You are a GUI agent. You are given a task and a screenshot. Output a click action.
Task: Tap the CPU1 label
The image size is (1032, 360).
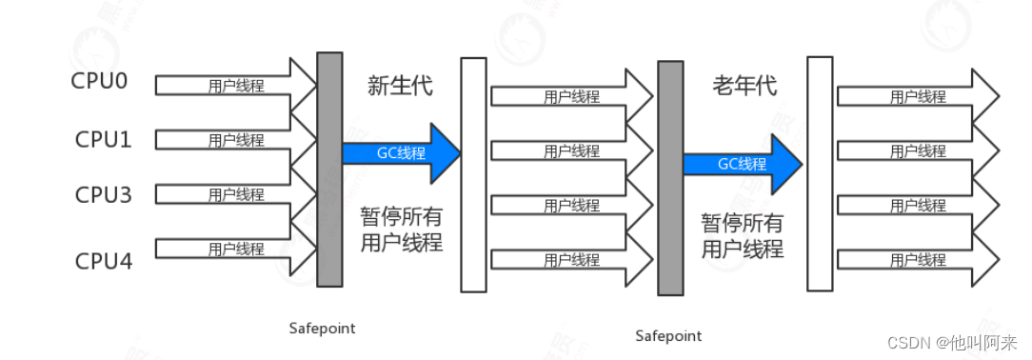(x=104, y=139)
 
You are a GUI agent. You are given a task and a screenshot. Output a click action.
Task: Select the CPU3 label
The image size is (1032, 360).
(x=104, y=195)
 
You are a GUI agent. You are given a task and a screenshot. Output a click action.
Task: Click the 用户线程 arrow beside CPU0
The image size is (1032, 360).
(x=236, y=85)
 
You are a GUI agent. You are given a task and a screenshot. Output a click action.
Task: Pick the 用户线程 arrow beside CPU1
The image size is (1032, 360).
(x=236, y=140)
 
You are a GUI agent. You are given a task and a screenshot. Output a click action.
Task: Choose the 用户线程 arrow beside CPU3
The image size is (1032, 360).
(x=236, y=194)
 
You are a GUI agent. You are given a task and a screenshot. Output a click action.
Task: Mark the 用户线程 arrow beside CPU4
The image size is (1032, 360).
(x=236, y=250)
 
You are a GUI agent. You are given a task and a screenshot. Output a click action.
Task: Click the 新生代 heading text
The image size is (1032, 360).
(x=400, y=86)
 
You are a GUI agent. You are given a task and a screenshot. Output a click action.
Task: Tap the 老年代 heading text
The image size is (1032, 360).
(x=744, y=86)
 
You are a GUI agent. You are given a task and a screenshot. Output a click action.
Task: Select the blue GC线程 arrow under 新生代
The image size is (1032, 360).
(x=400, y=152)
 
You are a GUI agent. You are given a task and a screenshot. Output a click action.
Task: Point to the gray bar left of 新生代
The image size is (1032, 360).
(x=329, y=169)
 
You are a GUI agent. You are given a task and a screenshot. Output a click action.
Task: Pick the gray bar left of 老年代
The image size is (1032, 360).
(x=670, y=178)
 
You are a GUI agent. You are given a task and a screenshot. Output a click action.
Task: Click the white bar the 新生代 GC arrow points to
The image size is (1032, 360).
(x=473, y=174)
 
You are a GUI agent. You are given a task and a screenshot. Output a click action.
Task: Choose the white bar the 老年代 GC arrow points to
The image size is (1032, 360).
(x=820, y=173)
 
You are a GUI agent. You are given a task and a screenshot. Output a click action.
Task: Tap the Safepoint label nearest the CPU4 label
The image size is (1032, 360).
(x=322, y=328)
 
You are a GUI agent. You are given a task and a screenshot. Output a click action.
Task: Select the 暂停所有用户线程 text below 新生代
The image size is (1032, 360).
(x=401, y=229)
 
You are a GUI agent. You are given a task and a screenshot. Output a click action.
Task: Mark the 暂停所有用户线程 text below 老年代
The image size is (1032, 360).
(x=743, y=236)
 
